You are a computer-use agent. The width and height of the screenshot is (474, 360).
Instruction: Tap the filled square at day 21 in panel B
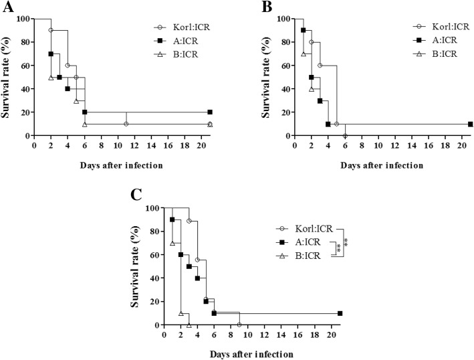(x=471, y=124)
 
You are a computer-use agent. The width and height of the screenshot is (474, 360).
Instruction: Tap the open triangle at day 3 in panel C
(x=189, y=325)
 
